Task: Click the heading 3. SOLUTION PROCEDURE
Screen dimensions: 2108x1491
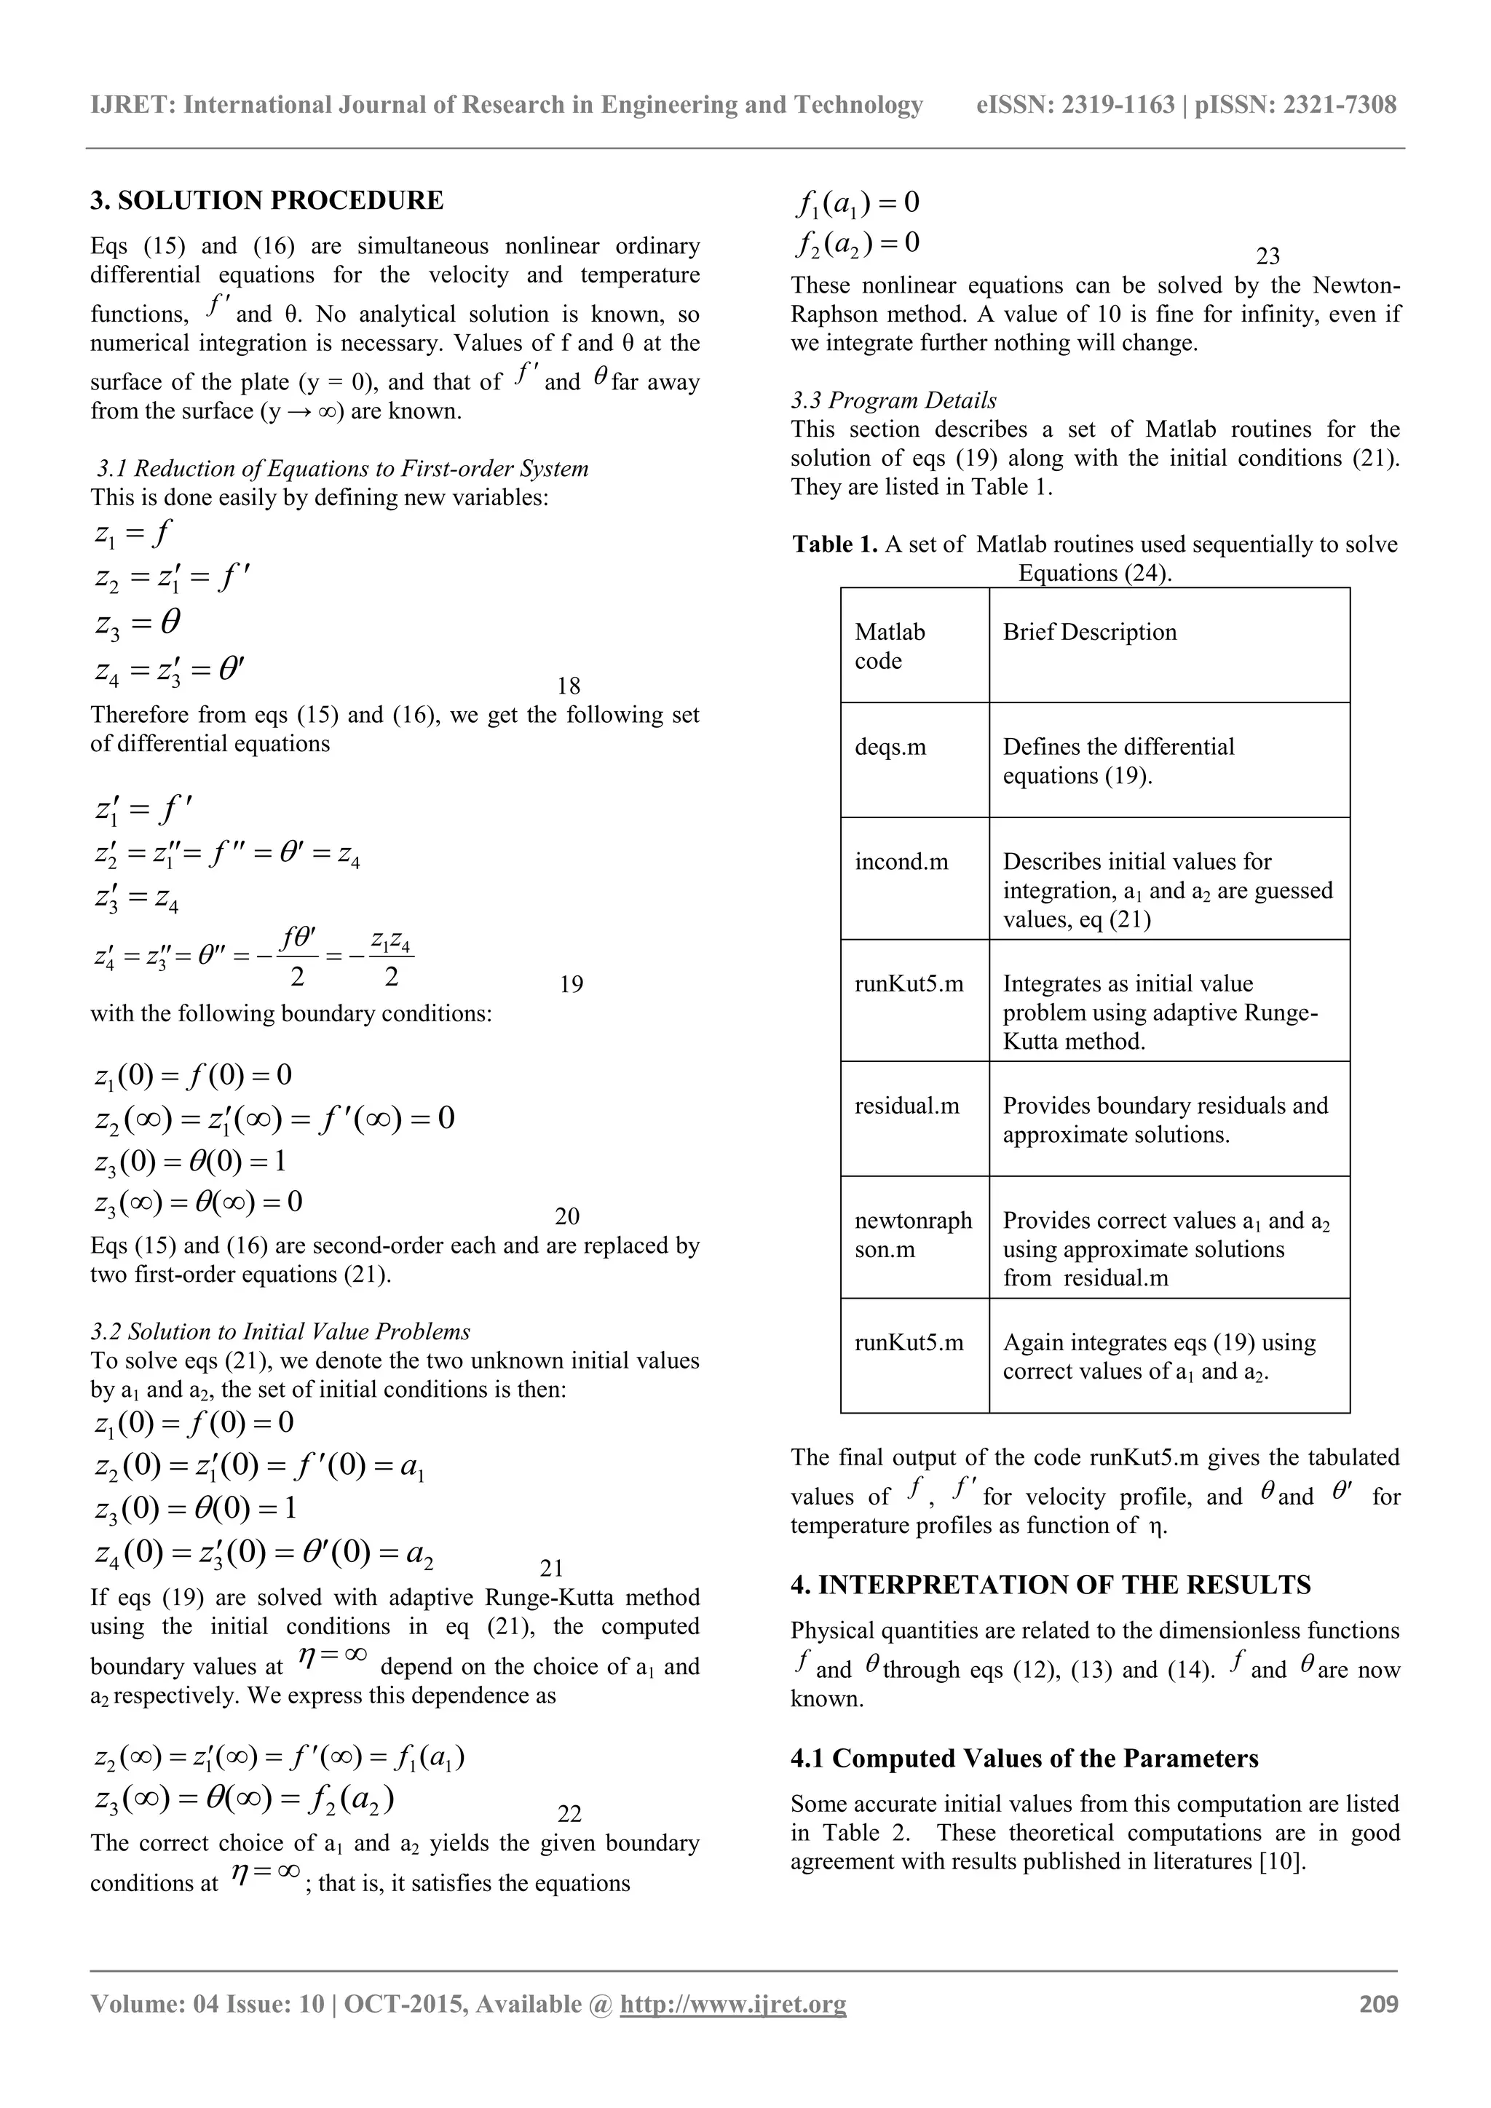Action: [x=266, y=200]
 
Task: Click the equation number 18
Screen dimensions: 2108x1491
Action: [x=569, y=686]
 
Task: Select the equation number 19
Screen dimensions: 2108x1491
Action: [x=571, y=984]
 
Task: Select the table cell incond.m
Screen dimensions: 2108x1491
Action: [x=901, y=861]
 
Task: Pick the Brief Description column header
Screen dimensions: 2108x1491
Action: [x=1089, y=632]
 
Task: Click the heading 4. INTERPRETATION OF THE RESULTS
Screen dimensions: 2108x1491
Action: [x=1051, y=1585]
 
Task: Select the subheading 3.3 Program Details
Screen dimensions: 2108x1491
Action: [x=893, y=400]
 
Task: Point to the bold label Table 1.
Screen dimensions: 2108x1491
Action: [x=834, y=544]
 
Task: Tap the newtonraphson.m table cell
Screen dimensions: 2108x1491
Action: [x=913, y=1234]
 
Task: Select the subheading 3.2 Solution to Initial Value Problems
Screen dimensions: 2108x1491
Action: [x=280, y=1331]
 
